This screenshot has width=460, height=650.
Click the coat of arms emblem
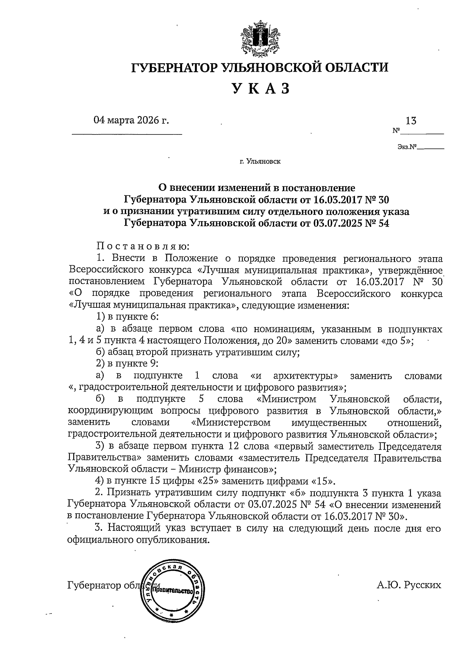tap(260, 39)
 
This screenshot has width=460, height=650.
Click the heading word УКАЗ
tap(260, 89)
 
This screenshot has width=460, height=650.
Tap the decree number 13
tap(411, 121)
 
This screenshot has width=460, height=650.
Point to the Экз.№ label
tap(407, 146)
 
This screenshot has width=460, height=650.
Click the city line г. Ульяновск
tap(260, 161)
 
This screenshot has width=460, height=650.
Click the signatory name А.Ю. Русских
tap(409, 585)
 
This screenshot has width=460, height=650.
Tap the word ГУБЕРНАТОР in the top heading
tap(175, 67)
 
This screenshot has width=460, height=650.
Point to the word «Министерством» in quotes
tap(230, 423)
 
